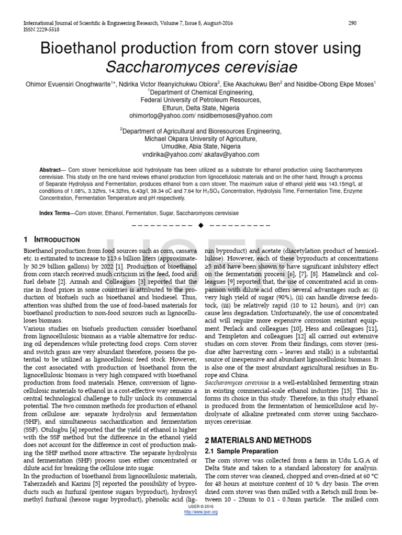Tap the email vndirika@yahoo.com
click(170, 155)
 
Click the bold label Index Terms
click(55, 214)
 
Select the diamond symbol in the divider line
click(200, 225)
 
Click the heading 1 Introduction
click(52, 240)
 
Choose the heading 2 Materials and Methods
click(251, 440)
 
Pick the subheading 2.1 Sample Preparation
click(241, 451)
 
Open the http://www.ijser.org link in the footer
click(201, 512)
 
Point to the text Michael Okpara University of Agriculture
click(200, 139)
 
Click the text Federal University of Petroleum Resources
click(200, 100)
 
